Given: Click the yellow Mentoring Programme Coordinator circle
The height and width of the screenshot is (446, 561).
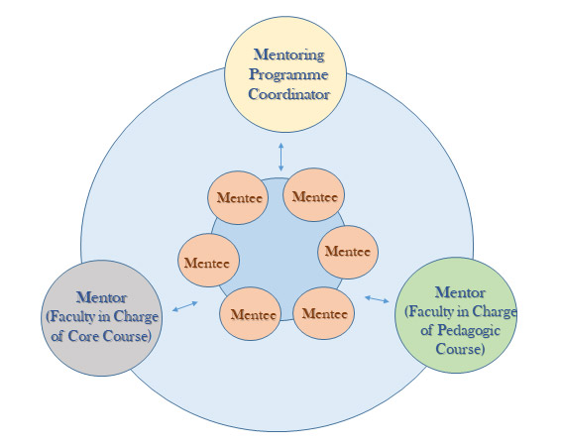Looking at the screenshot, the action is (x=285, y=74).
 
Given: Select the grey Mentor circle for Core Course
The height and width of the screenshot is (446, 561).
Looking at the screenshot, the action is (x=102, y=318).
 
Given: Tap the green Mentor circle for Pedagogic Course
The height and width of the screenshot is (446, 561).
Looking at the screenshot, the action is (x=456, y=315).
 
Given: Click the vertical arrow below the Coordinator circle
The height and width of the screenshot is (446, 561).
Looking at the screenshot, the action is (x=281, y=157).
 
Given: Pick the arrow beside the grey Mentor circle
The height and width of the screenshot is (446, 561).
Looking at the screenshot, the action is (x=185, y=306).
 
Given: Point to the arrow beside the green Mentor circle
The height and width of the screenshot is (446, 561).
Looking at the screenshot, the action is (x=377, y=299).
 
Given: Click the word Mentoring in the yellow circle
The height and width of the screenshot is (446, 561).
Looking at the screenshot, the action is (x=289, y=55).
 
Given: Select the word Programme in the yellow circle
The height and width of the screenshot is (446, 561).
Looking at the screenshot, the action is (x=288, y=74).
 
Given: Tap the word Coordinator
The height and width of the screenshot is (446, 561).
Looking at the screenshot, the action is (x=288, y=94).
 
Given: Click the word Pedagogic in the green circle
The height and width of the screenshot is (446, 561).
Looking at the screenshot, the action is (x=469, y=331).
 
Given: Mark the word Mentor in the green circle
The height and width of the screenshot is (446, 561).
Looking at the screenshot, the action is (x=460, y=292).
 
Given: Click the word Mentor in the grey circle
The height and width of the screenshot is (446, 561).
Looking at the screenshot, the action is (x=101, y=297).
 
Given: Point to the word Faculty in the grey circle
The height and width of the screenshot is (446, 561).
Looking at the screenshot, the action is (x=72, y=316).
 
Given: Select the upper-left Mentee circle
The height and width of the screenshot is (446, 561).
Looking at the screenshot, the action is (x=238, y=198).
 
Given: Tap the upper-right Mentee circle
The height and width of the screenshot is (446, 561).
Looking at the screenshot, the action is (x=314, y=195).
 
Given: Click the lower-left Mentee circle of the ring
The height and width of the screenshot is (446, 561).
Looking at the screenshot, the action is (x=250, y=313).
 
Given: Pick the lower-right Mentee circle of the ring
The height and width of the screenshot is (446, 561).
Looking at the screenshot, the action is (x=324, y=313).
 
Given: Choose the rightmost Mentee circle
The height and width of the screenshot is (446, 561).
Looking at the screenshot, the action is (x=348, y=252).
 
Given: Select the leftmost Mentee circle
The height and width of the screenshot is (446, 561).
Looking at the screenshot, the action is (x=208, y=260).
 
